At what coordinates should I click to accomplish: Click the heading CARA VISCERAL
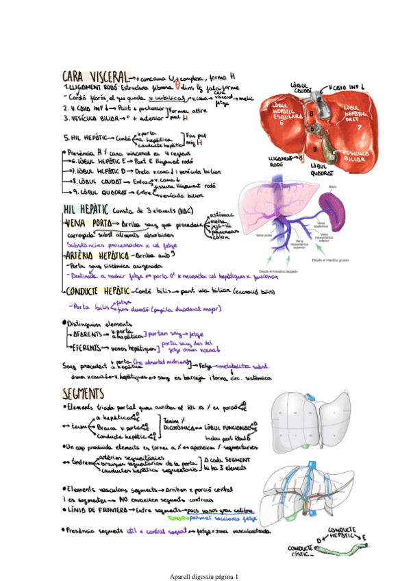point(95,76)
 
